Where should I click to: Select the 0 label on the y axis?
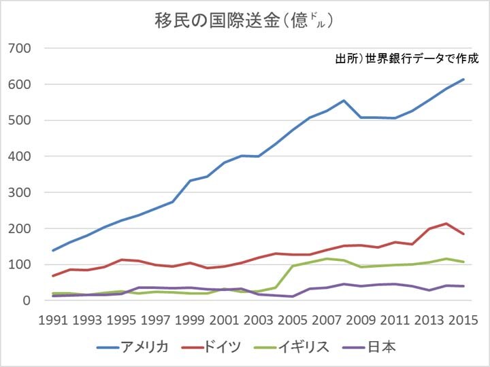pyautogui.click(x=27, y=300)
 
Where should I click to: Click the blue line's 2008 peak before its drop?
pyautogui.click(x=344, y=101)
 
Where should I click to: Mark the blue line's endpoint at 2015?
pyautogui.click(x=463, y=80)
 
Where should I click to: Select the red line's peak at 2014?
pyautogui.click(x=446, y=224)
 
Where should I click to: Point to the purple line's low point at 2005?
pyautogui.click(x=293, y=296)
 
